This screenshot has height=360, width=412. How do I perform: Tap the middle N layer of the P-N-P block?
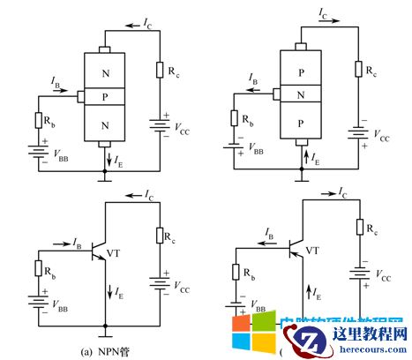(x=302, y=94)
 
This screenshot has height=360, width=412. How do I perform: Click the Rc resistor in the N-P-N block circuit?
(x=160, y=71)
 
